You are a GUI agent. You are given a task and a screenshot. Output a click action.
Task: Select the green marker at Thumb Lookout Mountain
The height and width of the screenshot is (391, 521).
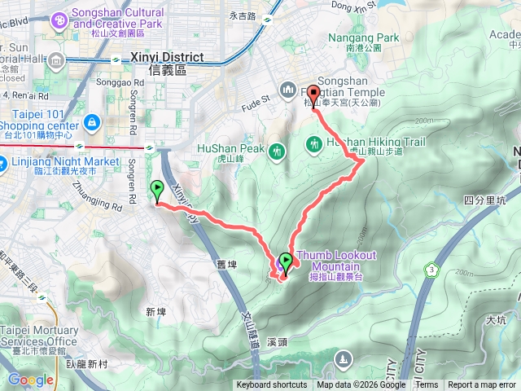[x=285, y=261]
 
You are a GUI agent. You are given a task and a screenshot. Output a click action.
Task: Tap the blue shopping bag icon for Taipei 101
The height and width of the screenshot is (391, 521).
[x=91, y=122]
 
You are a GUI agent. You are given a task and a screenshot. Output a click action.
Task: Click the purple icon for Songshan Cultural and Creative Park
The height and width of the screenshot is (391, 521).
[x=59, y=19]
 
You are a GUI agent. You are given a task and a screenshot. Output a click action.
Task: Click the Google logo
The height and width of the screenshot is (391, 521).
[x=30, y=380]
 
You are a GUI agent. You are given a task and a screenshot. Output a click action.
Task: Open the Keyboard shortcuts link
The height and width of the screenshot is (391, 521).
[x=272, y=385]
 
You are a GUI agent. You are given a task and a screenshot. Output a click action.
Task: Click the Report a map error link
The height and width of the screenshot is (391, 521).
[x=482, y=385]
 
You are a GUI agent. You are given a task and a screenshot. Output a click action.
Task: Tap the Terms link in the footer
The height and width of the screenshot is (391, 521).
[x=427, y=385]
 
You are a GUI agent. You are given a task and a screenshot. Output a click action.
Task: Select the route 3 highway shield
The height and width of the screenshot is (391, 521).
[x=431, y=270]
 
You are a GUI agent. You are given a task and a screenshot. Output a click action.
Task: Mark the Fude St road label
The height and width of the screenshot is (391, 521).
[x=256, y=105]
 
